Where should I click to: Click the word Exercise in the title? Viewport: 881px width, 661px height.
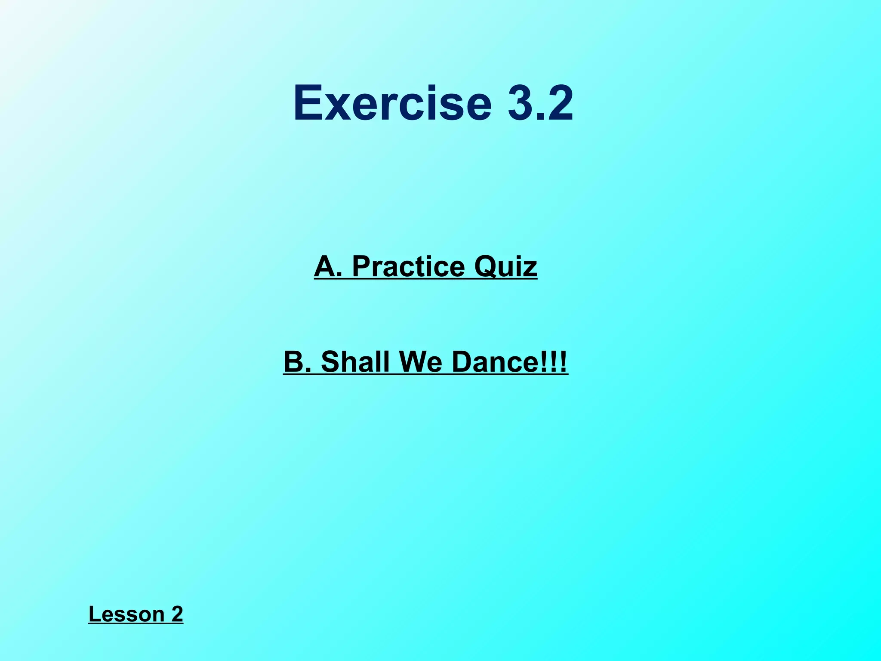click(392, 104)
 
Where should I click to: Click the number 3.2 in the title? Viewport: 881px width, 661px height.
click(540, 104)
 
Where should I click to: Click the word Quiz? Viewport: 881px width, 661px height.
click(505, 267)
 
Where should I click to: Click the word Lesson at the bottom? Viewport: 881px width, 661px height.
click(126, 614)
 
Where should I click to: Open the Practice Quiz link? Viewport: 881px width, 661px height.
click(425, 266)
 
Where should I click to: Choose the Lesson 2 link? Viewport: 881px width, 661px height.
click(136, 614)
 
